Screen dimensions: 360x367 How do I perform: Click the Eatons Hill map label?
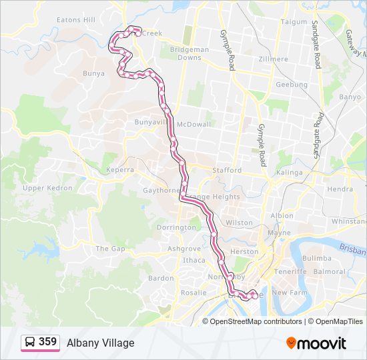coord(76,20)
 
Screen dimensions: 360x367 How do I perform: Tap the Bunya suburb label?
coord(93,73)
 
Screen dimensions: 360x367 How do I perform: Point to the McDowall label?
coord(194,124)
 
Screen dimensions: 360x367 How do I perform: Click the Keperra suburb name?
coord(119,170)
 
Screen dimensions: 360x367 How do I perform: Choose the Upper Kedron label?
coord(47,188)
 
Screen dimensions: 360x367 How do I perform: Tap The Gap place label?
coord(110,249)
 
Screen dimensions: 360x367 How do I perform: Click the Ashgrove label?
coord(184,249)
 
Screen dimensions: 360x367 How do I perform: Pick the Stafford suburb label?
coord(227,170)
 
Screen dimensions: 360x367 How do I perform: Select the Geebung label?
coord(292,85)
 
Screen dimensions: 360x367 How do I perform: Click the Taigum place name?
coord(294,21)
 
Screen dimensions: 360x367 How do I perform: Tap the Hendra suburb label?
coord(340,189)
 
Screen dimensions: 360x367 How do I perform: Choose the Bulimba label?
coord(316,258)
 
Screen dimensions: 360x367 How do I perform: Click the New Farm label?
coord(289,293)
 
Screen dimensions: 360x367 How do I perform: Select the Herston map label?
coord(244,252)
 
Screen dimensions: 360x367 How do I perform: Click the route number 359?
coord(47,342)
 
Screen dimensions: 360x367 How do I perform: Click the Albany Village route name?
coord(101,343)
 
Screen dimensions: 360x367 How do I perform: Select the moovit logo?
coord(316,343)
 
